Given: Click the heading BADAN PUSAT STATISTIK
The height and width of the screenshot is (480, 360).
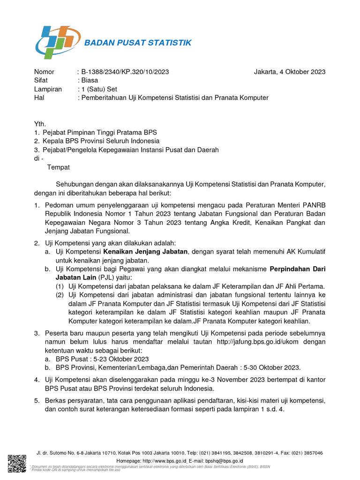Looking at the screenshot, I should (x=138, y=43).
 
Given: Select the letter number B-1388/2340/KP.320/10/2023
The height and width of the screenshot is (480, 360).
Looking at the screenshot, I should (x=125, y=72).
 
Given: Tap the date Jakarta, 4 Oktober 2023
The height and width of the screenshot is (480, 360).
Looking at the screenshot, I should (x=289, y=72).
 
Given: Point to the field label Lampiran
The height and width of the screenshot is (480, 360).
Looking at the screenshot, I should (x=48, y=89).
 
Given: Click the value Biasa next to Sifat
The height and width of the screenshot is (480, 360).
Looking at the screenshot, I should (x=90, y=80).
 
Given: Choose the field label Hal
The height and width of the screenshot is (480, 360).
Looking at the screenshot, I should (x=39, y=97).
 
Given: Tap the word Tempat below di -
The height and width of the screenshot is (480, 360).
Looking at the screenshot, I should (x=58, y=167).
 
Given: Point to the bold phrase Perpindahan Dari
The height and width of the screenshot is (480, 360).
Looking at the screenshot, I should (x=298, y=269).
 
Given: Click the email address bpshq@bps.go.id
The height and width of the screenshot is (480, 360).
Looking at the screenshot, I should (x=220, y=461).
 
